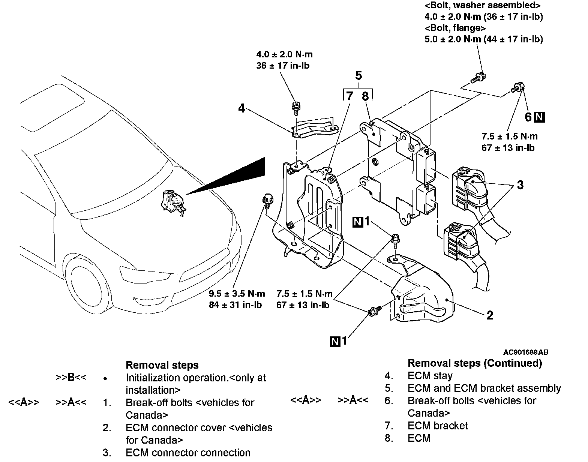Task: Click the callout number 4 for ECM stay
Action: coord(241,108)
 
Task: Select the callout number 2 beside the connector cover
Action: coord(490,315)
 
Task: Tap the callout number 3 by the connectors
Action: coord(520,185)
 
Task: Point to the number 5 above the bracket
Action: coord(358,76)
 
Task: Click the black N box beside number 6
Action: coord(540,117)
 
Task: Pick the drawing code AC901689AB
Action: coord(526,352)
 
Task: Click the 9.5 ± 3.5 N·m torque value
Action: coord(237,294)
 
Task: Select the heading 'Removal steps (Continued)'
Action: coord(474,363)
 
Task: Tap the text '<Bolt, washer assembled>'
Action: coord(482,6)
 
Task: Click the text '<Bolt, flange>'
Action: coord(455,28)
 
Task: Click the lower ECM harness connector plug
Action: coord(460,240)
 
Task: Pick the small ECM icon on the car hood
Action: coord(172,202)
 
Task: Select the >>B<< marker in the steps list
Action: coord(71,378)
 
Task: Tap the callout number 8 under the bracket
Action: coord(365,96)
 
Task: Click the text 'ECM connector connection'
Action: coord(188,453)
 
